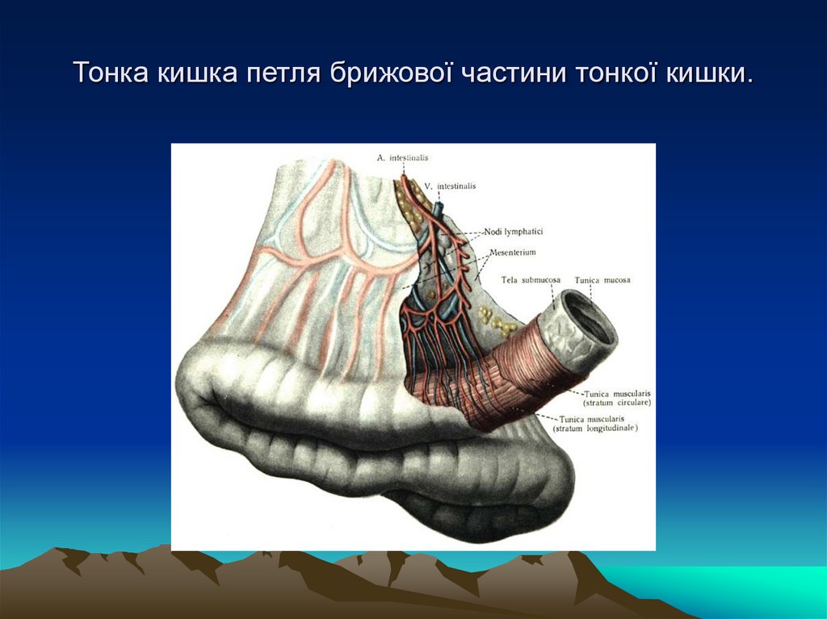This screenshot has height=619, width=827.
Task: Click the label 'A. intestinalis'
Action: click(402, 158)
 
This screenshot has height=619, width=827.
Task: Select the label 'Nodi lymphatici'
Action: click(514, 232)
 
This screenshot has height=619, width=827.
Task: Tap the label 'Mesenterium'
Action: click(513, 252)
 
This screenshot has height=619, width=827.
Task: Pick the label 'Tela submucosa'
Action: click(530, 280)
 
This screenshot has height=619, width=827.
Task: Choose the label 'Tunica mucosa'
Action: click(602, 280)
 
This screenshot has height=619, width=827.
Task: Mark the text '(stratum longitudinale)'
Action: click(595, 429)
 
